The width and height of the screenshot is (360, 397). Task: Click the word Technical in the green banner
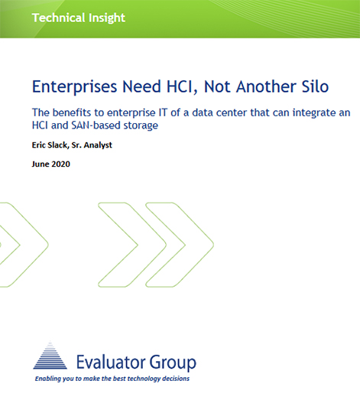(55, 18)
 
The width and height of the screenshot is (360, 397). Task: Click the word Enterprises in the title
(74, 87)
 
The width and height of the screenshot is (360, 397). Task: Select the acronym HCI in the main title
(182, 86)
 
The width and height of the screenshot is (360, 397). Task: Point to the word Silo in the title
(315, 86)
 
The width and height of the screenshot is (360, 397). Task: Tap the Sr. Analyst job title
(92, 145)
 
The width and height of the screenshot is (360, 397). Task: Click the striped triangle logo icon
(50, 355)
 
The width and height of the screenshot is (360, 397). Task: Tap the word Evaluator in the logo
(111, 362)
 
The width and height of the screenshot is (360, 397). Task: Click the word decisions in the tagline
(176, 379)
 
